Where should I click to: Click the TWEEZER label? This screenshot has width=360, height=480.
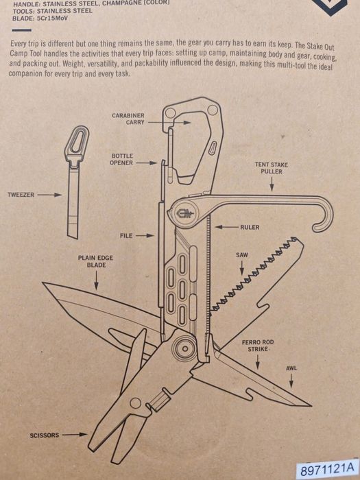(21, 195)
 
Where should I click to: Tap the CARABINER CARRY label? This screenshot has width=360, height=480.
(128, 119)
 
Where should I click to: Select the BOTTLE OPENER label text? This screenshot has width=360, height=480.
(121, 160)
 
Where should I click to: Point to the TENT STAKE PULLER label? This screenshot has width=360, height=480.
(272, 168)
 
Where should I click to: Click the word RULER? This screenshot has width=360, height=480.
(250, 227)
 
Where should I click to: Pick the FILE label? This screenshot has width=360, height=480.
(126, 236)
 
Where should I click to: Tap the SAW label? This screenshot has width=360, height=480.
(242, 254)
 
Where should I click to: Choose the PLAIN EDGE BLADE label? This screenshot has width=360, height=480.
(96, 261)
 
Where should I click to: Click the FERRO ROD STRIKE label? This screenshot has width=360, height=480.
(258, 346)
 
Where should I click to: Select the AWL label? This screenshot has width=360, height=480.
(291, 368)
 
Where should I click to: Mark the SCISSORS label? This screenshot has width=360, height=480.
(45, 435)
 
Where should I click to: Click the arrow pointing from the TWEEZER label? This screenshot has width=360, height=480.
(49, 195)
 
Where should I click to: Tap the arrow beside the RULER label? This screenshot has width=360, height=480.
(226, 227)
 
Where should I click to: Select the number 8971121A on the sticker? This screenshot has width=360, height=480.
(326, 468)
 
